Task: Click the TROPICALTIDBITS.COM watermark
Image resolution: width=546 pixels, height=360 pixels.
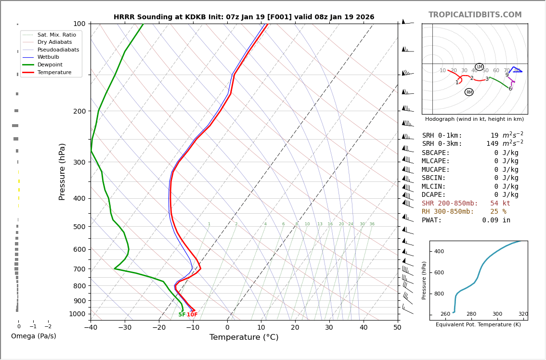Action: [475, 15]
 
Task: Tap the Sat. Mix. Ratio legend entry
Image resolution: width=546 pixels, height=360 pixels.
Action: [56, 35]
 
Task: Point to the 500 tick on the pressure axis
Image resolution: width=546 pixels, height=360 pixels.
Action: [79, 227]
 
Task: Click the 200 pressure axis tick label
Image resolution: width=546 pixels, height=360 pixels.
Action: [79, 111]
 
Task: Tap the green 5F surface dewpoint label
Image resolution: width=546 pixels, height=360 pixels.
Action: [182, 315]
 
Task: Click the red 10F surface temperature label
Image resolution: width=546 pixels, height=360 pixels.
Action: [192, 315]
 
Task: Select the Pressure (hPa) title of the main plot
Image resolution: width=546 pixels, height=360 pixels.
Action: [63, 171]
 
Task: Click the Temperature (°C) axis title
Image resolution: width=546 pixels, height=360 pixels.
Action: [244, 337]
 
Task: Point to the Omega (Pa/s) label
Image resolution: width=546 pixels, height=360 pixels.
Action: [33, 336]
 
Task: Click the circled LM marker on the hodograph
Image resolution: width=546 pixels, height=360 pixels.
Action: [479, 67]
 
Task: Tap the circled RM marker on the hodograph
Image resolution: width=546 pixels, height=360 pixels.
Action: [469, 92]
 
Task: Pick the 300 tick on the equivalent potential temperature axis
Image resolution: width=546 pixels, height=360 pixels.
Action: [497, 314]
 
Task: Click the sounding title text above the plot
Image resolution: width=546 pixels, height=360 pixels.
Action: [244, 17]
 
